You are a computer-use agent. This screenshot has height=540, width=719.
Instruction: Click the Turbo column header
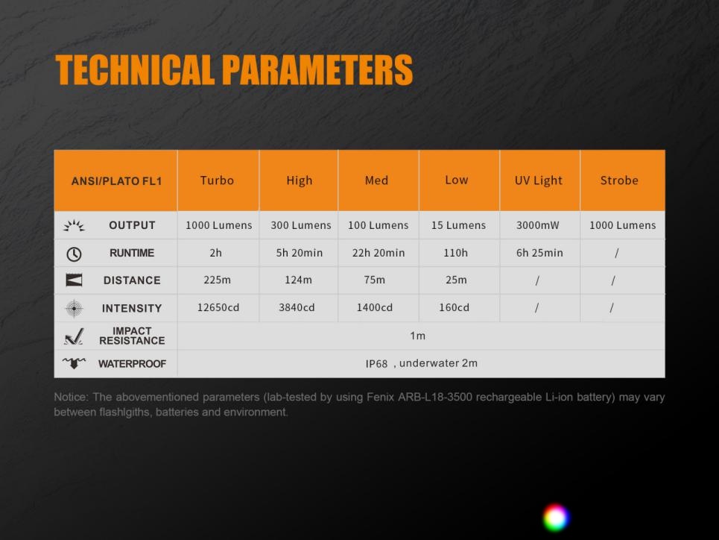(217, 180)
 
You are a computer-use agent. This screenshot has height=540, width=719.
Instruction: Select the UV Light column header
(539, 181)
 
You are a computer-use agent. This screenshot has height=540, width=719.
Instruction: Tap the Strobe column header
(619, 180)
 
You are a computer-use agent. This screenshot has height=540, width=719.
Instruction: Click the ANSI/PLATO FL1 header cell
(116, 181)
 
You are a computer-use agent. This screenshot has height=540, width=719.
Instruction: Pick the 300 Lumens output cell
(301, 225)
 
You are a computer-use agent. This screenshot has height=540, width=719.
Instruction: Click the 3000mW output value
(538, 225)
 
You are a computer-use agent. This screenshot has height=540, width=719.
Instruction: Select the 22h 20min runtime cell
(378, 253)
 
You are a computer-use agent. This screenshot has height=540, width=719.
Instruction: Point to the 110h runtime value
(456, 253)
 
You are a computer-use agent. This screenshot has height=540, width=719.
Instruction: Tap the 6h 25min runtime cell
(539, 253)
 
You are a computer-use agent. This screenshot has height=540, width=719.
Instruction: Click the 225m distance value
(218, 280)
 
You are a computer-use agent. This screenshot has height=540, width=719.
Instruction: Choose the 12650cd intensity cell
(218, 307)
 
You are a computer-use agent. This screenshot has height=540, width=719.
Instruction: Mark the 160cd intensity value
(454, 307)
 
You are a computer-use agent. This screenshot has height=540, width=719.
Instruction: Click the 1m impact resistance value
(418, 336)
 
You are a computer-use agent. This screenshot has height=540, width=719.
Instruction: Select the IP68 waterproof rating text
(376, 364)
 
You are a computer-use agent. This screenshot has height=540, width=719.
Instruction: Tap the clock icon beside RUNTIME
(74, 254)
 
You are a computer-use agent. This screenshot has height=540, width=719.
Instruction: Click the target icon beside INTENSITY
(74, 309)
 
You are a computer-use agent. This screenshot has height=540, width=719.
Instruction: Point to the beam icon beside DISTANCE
(74, 280)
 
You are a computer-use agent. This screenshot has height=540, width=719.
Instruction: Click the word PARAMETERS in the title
(317, 70)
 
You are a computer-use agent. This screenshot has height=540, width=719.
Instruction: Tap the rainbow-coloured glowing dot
(557, 518)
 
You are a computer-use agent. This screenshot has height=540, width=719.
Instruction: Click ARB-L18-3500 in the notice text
(434, 398)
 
